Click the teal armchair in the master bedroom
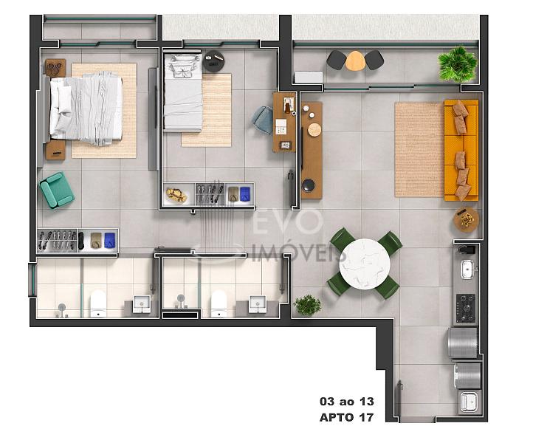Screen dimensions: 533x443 point(57,190)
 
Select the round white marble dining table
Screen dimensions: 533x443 point(365,264)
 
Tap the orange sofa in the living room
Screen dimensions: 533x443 point(461,150)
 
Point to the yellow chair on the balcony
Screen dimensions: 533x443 point(355,61)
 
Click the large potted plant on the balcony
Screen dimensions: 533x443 point(457,64)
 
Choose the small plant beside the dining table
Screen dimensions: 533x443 point(307,305)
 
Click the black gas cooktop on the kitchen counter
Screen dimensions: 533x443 point(465,308)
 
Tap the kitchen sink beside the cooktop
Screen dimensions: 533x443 point(467,269)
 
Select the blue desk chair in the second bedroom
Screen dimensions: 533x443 point(263,120)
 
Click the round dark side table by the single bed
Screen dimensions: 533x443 point(213,61)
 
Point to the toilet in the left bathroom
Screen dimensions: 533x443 point(98,303)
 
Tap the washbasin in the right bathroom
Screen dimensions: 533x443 point(258,304)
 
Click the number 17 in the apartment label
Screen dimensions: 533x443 point(366,417)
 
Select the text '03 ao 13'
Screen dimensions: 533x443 point(347,402)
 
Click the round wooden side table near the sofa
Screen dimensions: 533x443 point(466,219)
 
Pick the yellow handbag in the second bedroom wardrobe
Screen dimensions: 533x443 point(176,195)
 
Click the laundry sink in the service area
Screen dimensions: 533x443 point(469,402)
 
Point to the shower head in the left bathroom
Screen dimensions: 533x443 point(61,308)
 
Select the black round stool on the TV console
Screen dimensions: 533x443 point(309,185)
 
